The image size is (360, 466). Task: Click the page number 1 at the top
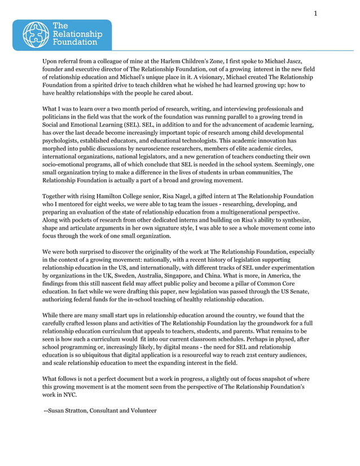point(316,13)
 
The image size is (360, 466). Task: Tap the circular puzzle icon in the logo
point(36,34)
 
